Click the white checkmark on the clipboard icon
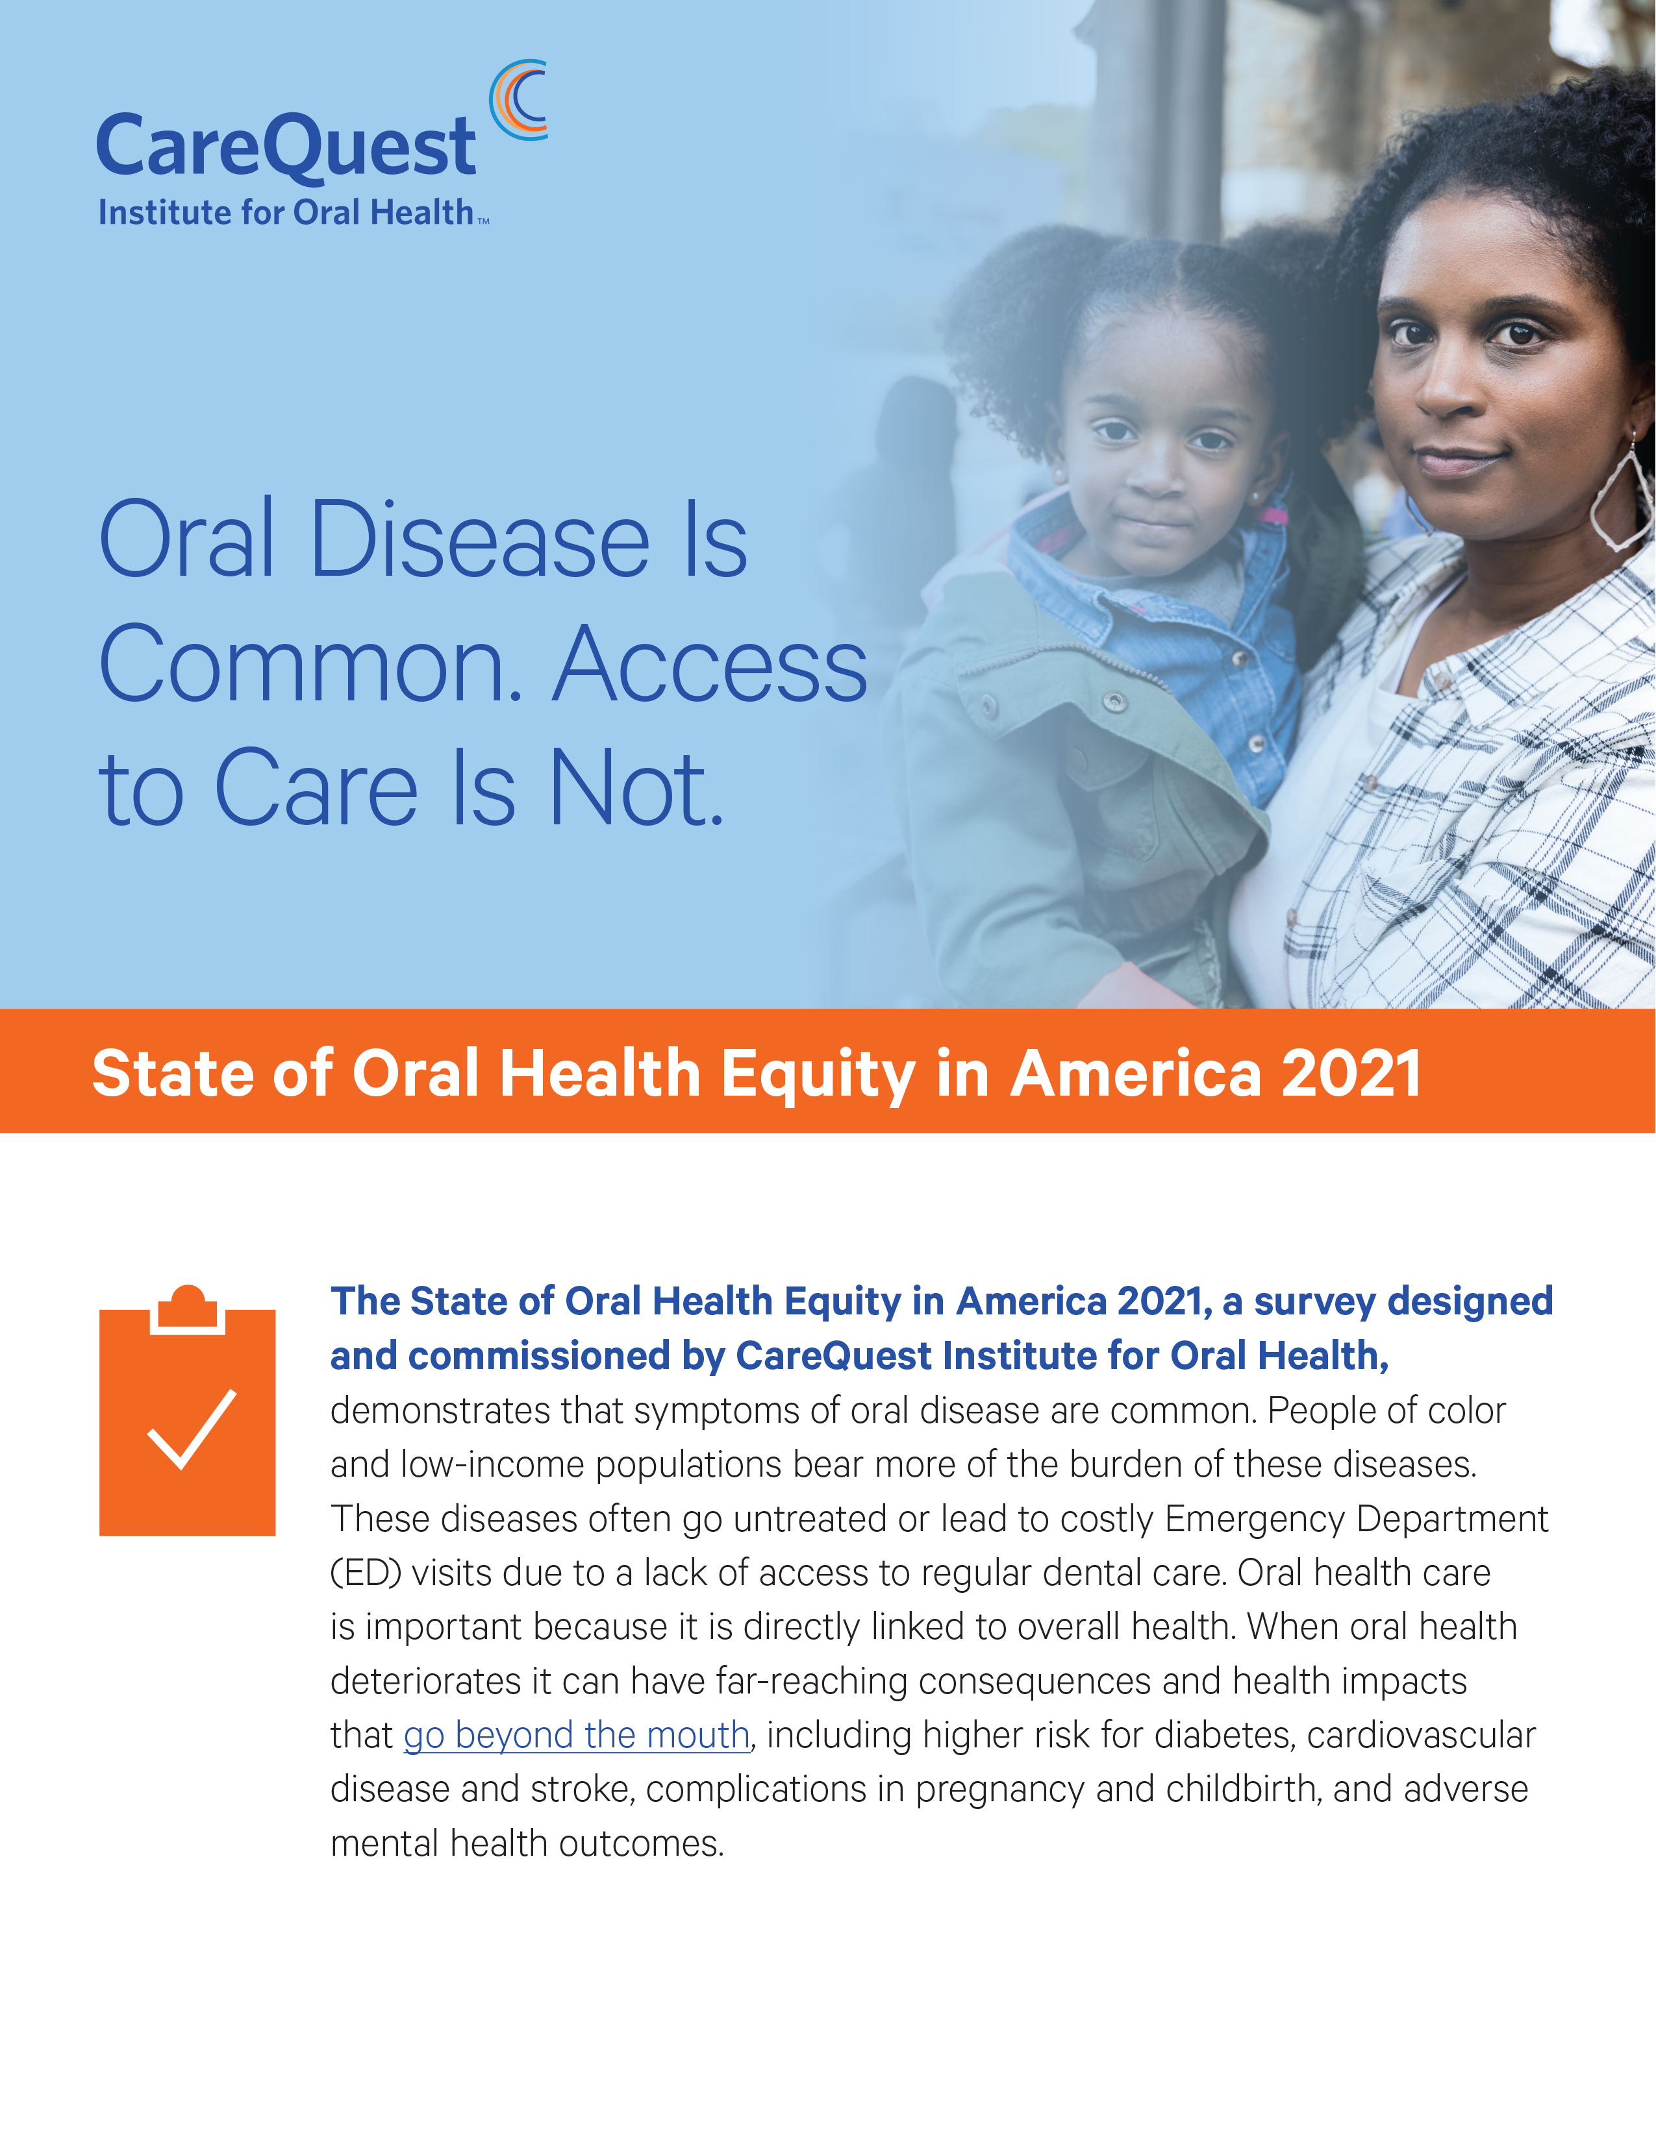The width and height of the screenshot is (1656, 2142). [x=192, y=1430]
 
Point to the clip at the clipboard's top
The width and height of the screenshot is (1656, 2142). [x=188, y=1309]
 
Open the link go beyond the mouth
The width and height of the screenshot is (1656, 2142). [x=577, y=1735]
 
